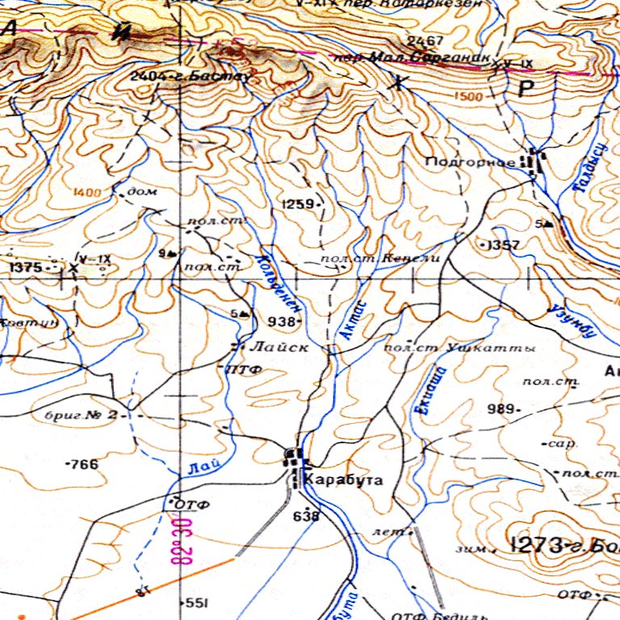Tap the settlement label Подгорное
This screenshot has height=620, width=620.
coord(470,162)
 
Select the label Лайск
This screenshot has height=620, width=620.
coord(279,347)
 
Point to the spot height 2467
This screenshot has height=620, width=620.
coord(425,41)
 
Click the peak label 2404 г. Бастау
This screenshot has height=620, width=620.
coord(191,77)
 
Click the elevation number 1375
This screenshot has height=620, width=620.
coord(25,266)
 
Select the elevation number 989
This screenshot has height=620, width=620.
coord(501,409)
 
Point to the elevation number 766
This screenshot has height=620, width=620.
coord(82,464)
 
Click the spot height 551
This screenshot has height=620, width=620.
coord(196,603)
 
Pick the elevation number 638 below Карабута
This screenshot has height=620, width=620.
coord(306,515)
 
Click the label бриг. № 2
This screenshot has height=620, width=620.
coord(81,416)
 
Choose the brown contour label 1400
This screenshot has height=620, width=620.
coord(87,192)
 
